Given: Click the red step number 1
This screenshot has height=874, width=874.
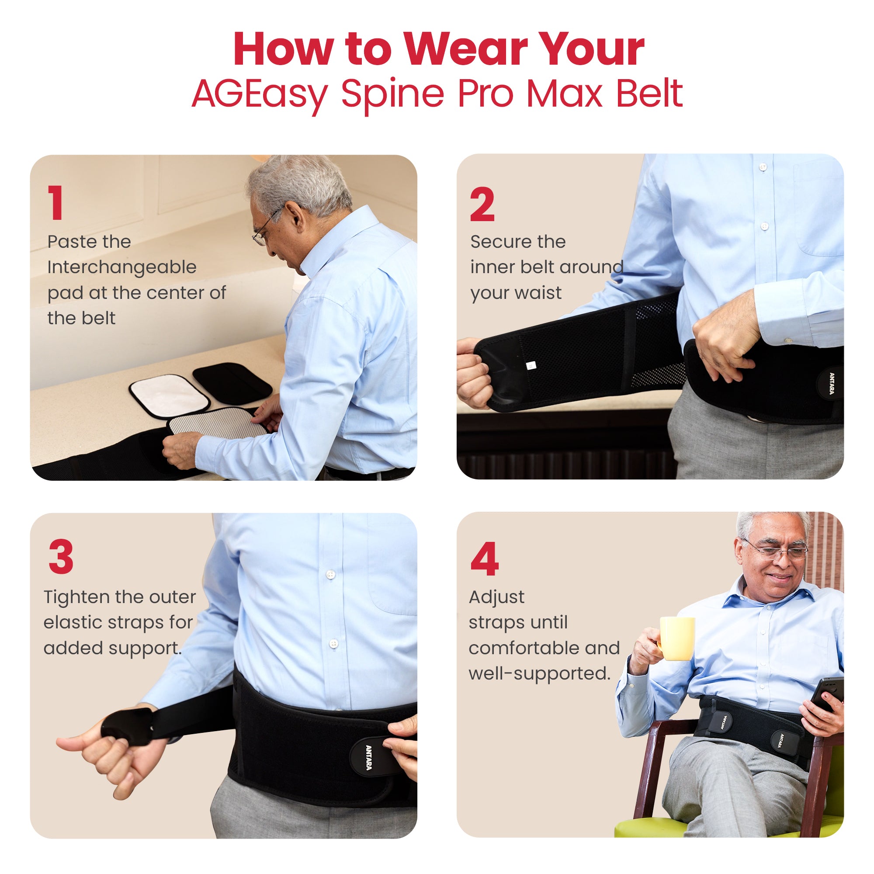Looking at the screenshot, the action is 55,203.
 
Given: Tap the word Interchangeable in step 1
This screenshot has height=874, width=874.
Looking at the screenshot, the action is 121,267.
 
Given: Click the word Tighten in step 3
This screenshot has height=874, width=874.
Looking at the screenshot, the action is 76,597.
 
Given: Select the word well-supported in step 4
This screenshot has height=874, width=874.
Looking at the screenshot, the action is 539,673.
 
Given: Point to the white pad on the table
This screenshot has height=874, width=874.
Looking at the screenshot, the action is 169,395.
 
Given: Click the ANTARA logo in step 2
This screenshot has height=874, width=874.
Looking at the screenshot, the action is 832,383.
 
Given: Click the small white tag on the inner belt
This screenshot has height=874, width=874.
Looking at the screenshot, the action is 531,365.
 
